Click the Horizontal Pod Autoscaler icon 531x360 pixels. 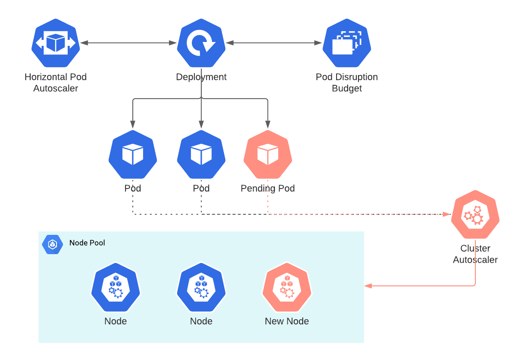tap(56, 43)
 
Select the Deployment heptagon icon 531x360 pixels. tap(201, 43)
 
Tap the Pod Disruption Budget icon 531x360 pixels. tap(347, 43)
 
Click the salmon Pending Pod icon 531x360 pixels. tap(268, 154)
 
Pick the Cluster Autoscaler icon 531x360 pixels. tap(475, 214)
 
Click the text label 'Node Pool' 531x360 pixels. tap(87, 243)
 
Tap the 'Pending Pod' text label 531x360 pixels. tap(268, 189)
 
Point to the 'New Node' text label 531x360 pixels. tap(287, 321)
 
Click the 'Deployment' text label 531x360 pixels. tap(201, 77)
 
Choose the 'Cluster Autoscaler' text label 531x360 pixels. tap(475, 254)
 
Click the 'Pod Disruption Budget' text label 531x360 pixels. tap(347, 83)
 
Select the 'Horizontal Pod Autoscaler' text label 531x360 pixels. tap(56, 83)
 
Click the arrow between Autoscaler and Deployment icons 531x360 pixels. tap(128, 43)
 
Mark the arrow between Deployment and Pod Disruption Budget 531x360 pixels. tap(274, 43)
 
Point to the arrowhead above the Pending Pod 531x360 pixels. tap(268, 125)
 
